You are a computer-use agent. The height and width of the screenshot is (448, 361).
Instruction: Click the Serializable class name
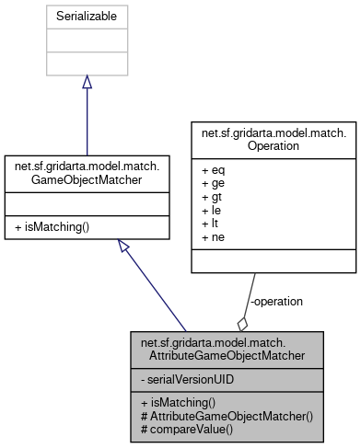coord(87,17)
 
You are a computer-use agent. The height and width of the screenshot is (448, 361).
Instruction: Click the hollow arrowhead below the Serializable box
coord(87,82)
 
